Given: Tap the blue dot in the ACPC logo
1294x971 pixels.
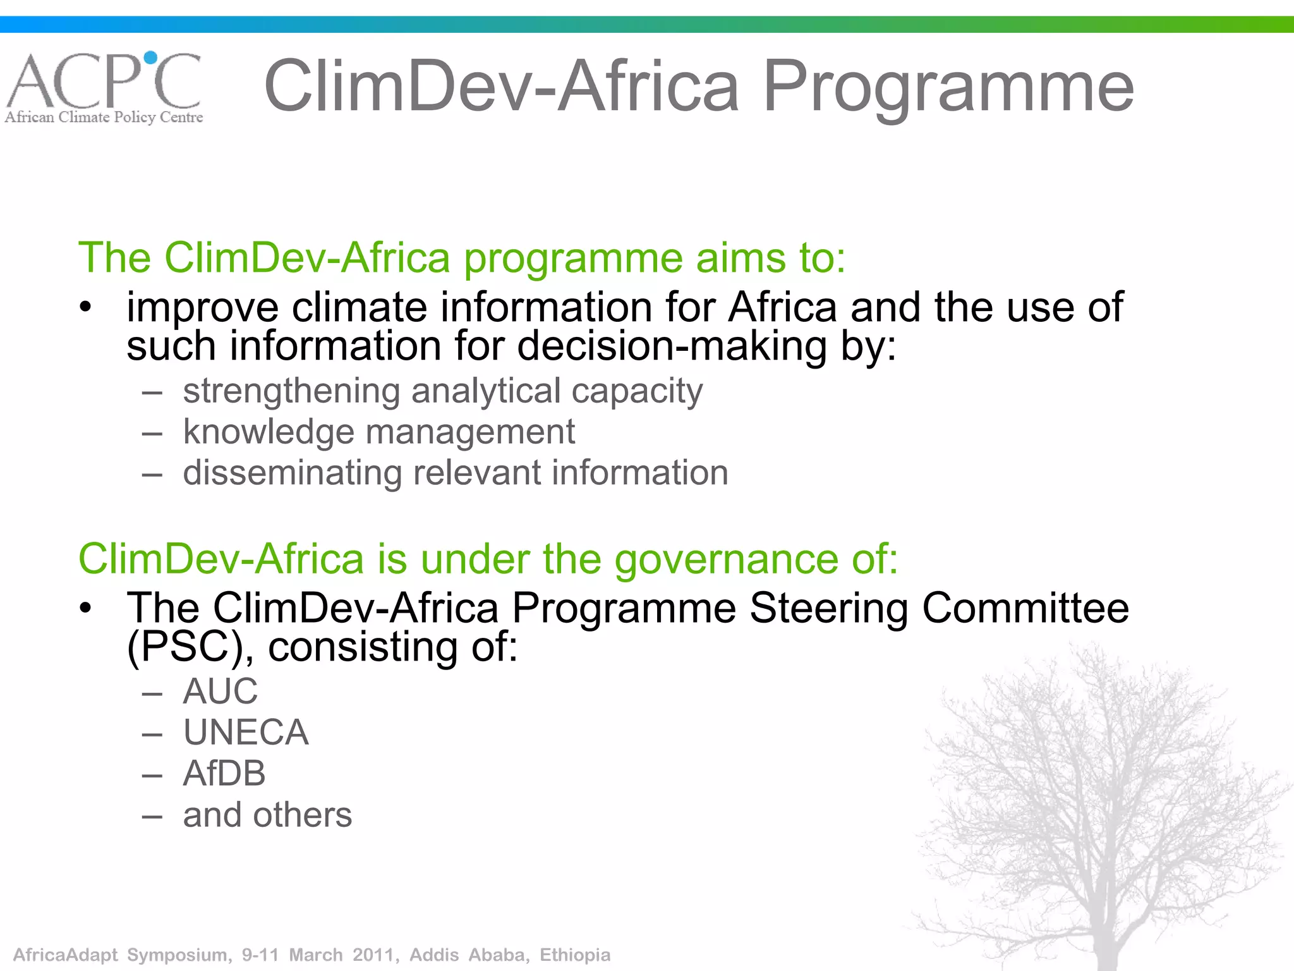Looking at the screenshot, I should [151, 58].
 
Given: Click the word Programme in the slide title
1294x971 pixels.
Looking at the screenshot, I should [948, 87].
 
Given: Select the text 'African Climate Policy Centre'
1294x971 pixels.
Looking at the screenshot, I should [104, 118].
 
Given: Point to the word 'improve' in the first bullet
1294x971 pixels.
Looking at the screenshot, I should [202, 308].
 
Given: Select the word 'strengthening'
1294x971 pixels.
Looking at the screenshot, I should [291, 391].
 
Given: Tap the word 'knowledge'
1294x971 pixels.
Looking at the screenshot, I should [269, 432].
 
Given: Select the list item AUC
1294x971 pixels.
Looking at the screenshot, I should [221, 691].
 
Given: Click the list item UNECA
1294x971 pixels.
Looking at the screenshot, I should [246, 733].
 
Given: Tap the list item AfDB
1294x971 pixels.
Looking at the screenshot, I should [224, 774].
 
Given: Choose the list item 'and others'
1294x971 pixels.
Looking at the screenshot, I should [267, 815].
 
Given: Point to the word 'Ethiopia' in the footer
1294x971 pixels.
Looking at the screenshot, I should [575, 955].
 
